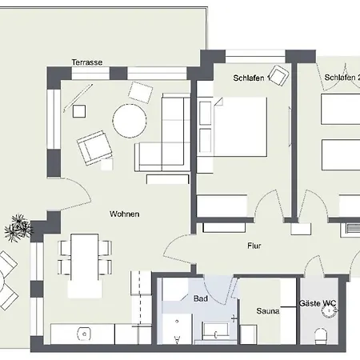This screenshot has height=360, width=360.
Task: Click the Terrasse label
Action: click(x=87, y=62)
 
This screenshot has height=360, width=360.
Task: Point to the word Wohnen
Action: click(x=125, y=214)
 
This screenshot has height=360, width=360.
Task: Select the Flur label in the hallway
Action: click(x=254, y=246)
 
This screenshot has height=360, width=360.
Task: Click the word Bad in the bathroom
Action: click(x=200, y=298)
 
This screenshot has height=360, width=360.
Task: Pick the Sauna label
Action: click(x=267, y=310)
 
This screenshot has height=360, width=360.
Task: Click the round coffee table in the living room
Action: click(x=130, y=122)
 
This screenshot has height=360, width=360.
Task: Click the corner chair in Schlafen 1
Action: click(x=278, y=76)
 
